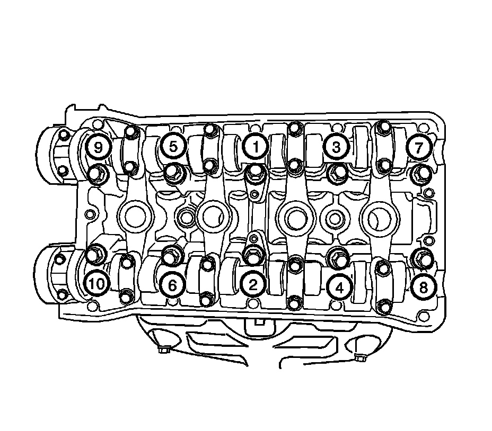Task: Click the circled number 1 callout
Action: click(x=255, y=146)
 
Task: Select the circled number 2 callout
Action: click(x=253, y=285)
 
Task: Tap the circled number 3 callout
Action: click(x=336, y=146)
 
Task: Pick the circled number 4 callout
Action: click(x=339, y=288)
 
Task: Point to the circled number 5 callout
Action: click(x=173, y=146)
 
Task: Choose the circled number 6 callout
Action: click(x=173, y=285)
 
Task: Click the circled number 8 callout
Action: click(x=424, y=286)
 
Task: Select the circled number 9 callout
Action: click(x=98, y=146)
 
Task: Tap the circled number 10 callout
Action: click(x=96, y=284)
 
